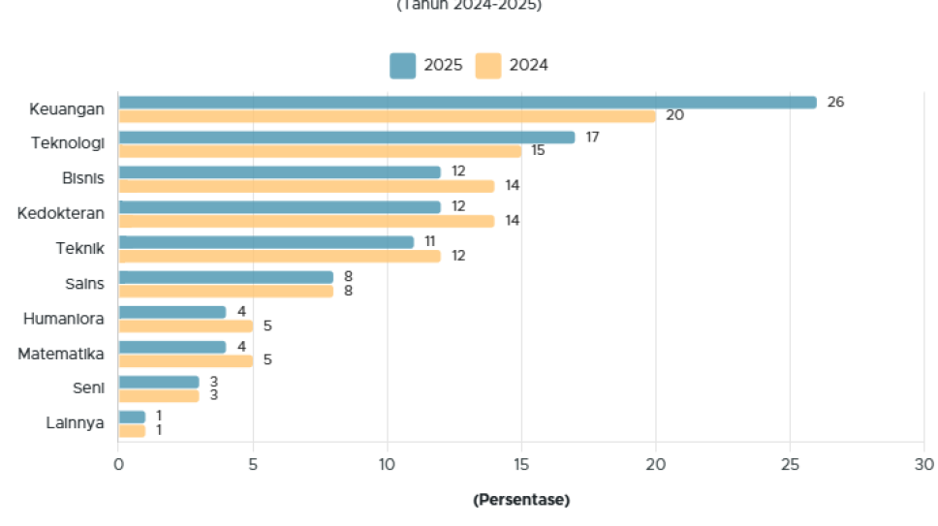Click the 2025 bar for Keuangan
tap(467, 103)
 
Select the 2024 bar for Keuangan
tap(387, 116)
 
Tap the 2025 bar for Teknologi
tap(346, 138)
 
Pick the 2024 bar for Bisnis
tap(306, 186)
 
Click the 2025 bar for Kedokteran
tap(279, 207)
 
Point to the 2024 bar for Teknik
tap(279, 256)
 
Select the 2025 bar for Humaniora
tap(172, 312)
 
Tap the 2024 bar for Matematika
tap(185, 360)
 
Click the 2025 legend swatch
tap(402, 66)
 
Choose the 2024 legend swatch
tap(488, 66)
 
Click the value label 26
tap(835, 102)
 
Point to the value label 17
tap(592, 137)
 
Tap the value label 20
tap(674, 116)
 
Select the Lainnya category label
tap(75, 422)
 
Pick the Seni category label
tap(88, 387)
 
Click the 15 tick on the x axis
tap(521, 465)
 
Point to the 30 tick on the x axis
tap(923, 465)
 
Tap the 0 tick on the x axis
tap(118, 465)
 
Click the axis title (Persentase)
tap(521, 500)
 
